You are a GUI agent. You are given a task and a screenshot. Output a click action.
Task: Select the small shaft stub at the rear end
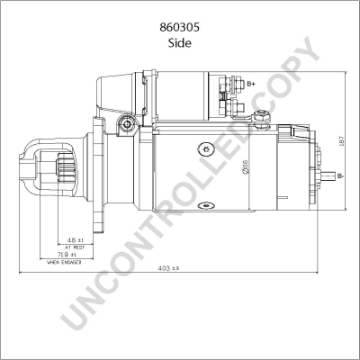(x=334, y=174)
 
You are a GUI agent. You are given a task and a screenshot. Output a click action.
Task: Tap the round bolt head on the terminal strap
(x=262, y=115)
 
